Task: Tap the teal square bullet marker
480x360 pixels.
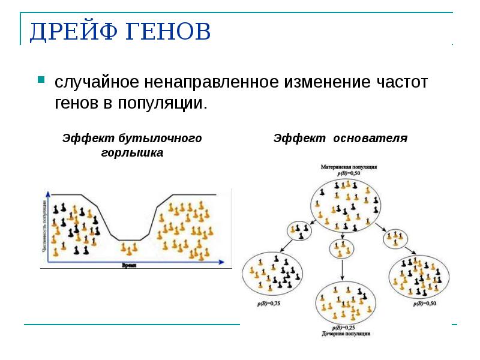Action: pos(41,79)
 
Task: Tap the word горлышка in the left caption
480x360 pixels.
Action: pos(132,153)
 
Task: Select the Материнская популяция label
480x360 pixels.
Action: pos(348,167)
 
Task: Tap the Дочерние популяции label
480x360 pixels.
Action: pos(346,333)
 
